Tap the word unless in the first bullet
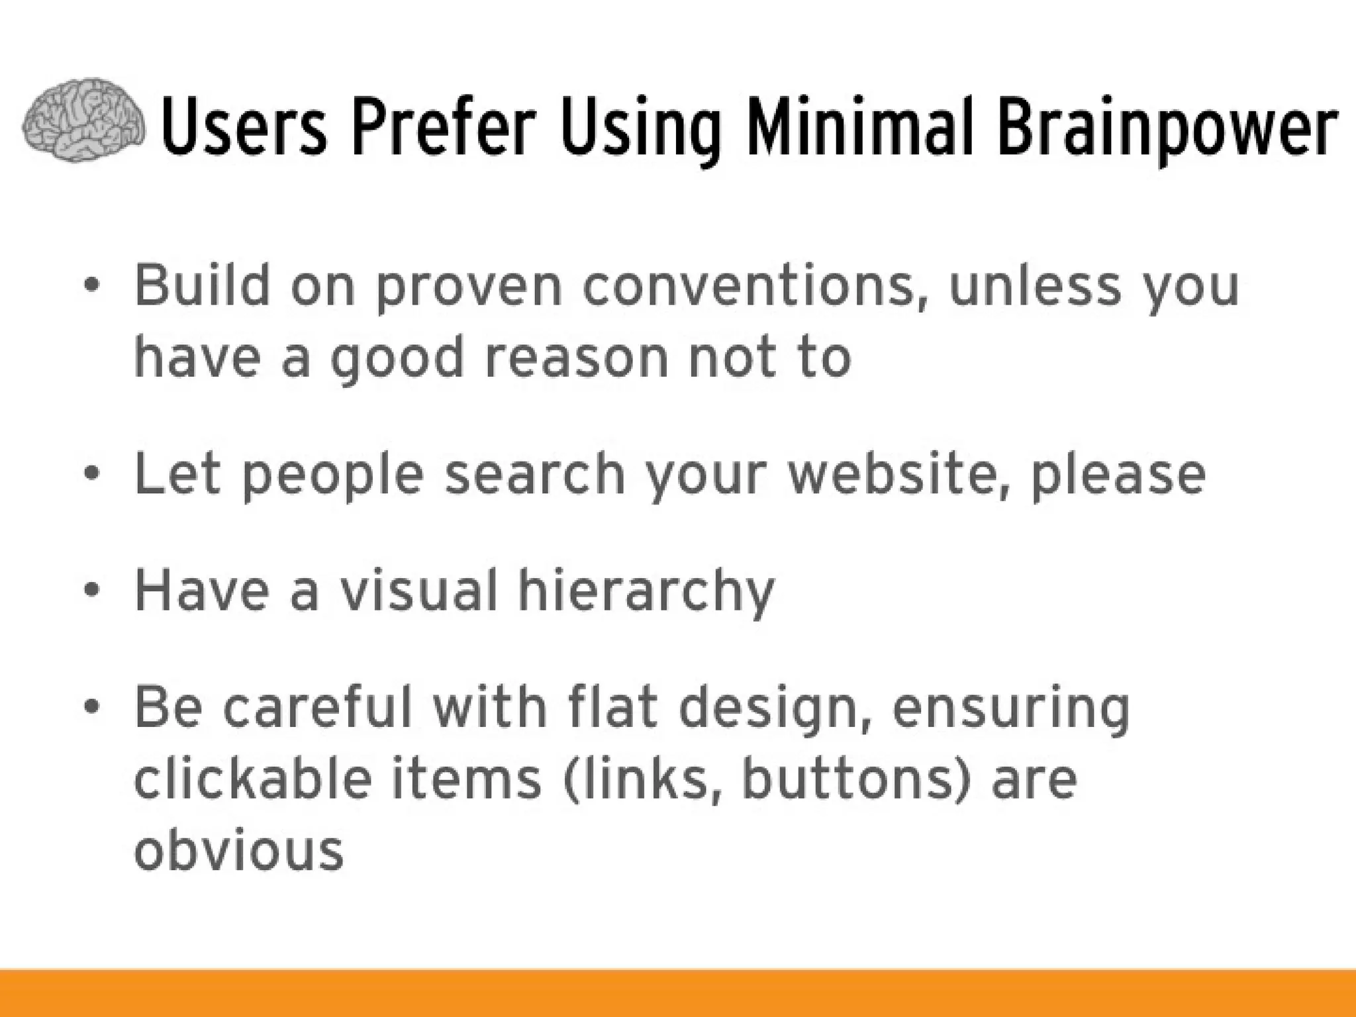[1034, 286]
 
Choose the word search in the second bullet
[535, 474]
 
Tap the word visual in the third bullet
[418, 590]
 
